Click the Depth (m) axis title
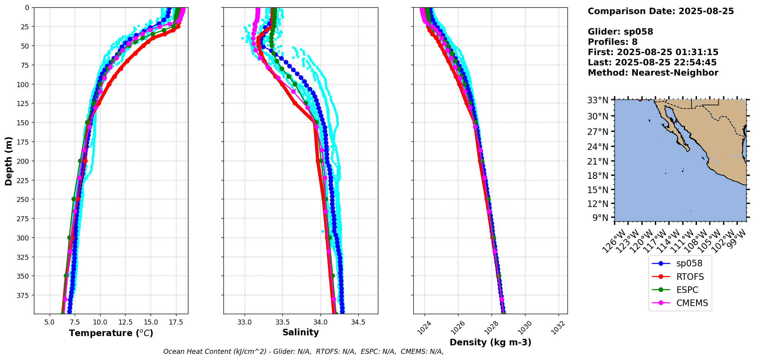8,161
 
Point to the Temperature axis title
111,333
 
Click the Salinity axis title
300,333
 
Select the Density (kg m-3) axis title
490,342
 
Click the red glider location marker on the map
640,99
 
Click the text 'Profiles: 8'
613,42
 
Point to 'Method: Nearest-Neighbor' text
653,73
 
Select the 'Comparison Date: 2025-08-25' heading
661,11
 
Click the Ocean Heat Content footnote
303,352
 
